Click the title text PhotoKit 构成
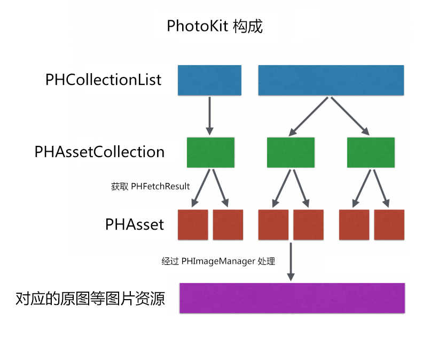pos(215,26)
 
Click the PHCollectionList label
pos(103,80)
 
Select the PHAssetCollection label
pos(99,152)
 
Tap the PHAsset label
pos(134,224)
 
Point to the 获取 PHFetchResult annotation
pos(150,186)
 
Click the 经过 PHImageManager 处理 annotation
pos(218,261)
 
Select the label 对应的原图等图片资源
pos(90,298)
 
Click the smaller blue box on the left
pos(209,80)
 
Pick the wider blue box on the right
pos(331,80)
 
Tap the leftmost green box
pos(210,152)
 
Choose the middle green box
pos(291,152)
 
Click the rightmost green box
pos(371,152)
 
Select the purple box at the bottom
pos(292,298)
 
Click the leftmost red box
pos(192,224)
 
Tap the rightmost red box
pos(389,224)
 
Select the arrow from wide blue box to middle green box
pos(309,116)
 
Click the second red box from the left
pos(228,224)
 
